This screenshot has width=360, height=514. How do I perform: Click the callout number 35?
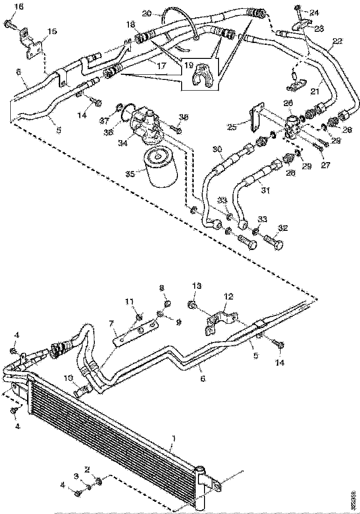pos(130,174)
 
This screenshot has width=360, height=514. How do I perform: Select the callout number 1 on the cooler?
pos(174,439)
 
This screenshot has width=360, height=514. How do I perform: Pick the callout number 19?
pos(188,66)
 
